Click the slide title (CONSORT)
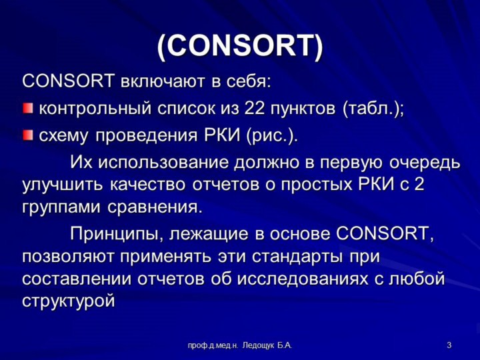[x=240, y=47]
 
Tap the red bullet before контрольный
[x=28, y=108]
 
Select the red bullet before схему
[x=28, y=135]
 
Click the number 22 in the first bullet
[x=255, y=108]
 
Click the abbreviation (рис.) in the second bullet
[x=271, y=135]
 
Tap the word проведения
[x=147, y=136]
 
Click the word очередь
[x=425, y=163]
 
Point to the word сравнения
[x=155, y=208]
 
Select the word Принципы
[x=116, y=235]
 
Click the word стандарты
[x=297, y=257]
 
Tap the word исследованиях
[x=303, y=279]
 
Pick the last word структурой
[x=69, y=301]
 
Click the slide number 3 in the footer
[x=449, y=345]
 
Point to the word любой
[x=416, y=279]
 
